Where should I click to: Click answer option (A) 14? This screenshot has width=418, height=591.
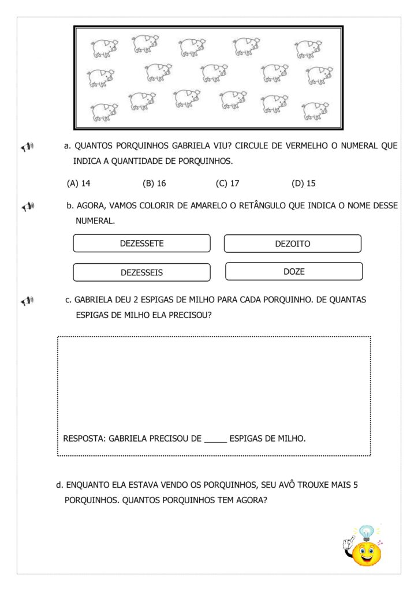[x=79, y=184]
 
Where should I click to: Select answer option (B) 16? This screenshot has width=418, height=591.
[x=154, y=184]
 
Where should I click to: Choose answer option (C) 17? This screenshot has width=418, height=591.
[x=227, y=184]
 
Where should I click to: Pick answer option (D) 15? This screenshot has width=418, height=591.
[x=304, y=184]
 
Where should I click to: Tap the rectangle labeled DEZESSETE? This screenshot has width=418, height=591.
[x=141, y=244]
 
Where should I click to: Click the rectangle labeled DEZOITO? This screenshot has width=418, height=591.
[x=292, y=244]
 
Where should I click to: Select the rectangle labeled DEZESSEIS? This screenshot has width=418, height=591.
[x=141, y=272]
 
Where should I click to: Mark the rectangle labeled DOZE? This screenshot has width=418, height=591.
[x=293, y=271]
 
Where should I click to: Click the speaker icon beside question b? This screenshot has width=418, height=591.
[x=28, y=206]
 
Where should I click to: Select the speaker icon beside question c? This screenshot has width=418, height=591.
[x=28, y=301]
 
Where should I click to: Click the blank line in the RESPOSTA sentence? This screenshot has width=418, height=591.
[x=215, y=439]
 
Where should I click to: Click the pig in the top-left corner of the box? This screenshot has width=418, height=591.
[x=104, y=48]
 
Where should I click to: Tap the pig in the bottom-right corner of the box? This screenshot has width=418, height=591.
[x=315, y=110]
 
